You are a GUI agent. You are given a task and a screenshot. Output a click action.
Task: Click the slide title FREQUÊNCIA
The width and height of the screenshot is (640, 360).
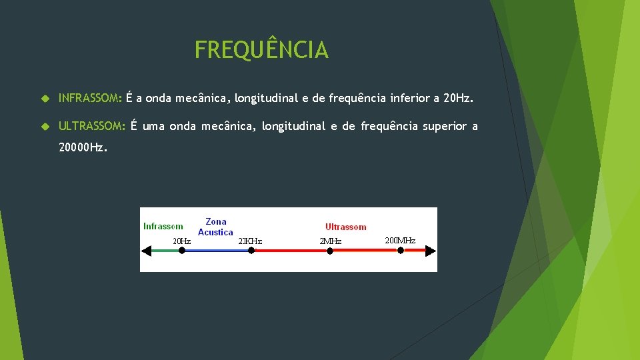click(261, 50)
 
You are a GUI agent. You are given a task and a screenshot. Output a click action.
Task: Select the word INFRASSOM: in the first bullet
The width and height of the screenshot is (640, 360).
click(90, 99)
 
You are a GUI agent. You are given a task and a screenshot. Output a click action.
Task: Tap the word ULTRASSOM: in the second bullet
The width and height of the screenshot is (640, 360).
click(92, 125)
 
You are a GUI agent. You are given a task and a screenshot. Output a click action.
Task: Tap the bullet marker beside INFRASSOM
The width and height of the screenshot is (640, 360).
click(45, 99)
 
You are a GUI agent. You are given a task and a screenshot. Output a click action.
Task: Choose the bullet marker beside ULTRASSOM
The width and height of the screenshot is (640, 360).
click(45, 126)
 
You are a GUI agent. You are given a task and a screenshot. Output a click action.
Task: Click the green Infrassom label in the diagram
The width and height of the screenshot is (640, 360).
click(163, 226)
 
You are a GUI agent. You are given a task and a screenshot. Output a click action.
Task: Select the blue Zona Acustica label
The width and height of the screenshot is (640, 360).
click(215, 227)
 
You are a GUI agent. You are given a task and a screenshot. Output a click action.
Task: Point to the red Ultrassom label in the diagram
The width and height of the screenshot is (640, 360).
click(345, 227)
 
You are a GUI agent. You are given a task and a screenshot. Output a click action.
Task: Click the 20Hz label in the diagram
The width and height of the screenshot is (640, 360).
click(181, 241)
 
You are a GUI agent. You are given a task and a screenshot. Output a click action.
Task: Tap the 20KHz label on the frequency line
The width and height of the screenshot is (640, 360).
click(250, 241)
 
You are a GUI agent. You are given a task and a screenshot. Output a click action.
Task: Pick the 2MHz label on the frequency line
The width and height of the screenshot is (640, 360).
click(330, 241)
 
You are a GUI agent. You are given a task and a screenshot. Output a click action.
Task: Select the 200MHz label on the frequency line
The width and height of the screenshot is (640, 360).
click(400, 240)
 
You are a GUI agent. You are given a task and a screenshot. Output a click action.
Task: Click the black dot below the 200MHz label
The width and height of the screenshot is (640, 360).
click(401, 251)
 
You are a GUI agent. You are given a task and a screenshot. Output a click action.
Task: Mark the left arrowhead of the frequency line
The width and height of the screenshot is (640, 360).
click(146, 251)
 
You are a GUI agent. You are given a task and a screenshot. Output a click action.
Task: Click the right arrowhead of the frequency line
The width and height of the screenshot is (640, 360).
click(431, 251)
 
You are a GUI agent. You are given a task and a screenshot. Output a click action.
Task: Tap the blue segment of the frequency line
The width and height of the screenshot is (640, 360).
click(216, 251)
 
